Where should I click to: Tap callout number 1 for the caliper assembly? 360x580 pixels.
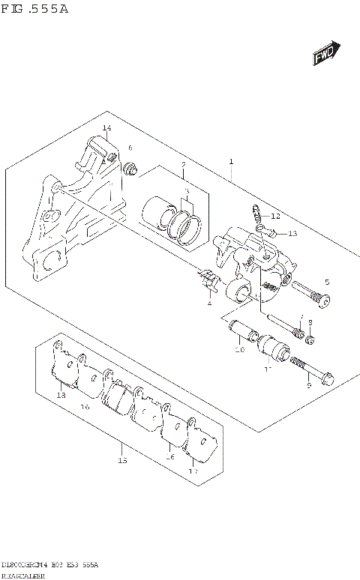tap(232, 162)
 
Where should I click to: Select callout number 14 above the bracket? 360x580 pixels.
tap(106, 129)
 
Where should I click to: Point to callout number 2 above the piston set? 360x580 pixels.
tap(182, 164)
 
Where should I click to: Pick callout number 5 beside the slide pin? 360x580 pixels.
tap(326, 282)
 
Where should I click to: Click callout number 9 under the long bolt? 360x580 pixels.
tap(308, 386)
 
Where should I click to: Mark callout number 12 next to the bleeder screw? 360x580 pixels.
tap(275, 216)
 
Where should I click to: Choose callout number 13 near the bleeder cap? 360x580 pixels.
tap(292, 234)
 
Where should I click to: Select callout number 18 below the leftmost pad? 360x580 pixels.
tap(60, 395)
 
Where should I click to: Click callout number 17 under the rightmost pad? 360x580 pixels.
tap(193, 471)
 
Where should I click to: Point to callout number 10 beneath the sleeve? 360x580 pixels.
tap(238, 350)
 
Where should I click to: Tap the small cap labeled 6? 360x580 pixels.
tap(132, 169)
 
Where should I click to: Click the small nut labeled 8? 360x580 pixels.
tap(310, 341)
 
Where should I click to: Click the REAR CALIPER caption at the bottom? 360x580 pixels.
tap(24, 574)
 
